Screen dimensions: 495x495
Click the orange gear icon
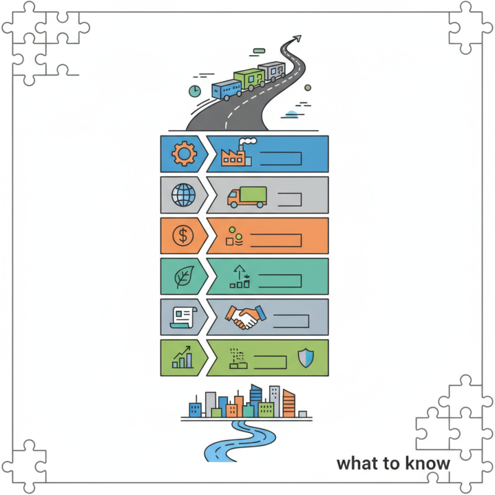(184, 153)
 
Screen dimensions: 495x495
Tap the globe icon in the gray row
(183, 195)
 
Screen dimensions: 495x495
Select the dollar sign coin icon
(183, 236)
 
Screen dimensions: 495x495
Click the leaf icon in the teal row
(184, 277)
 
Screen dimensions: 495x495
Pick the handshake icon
(246, 317)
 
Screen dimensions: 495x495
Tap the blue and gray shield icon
(306, 358)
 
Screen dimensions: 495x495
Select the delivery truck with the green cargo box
(247, 197)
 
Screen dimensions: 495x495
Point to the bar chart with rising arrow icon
(182, 357)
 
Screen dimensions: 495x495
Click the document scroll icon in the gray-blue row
(184, 317)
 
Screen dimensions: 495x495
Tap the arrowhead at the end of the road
(297, 39)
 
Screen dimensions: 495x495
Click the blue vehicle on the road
(226, 90)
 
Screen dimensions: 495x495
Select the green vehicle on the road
(249, 79)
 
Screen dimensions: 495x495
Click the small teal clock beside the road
(195, 91)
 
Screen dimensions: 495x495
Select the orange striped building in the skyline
(289, 403)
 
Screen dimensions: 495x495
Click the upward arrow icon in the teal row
(239, 272)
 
